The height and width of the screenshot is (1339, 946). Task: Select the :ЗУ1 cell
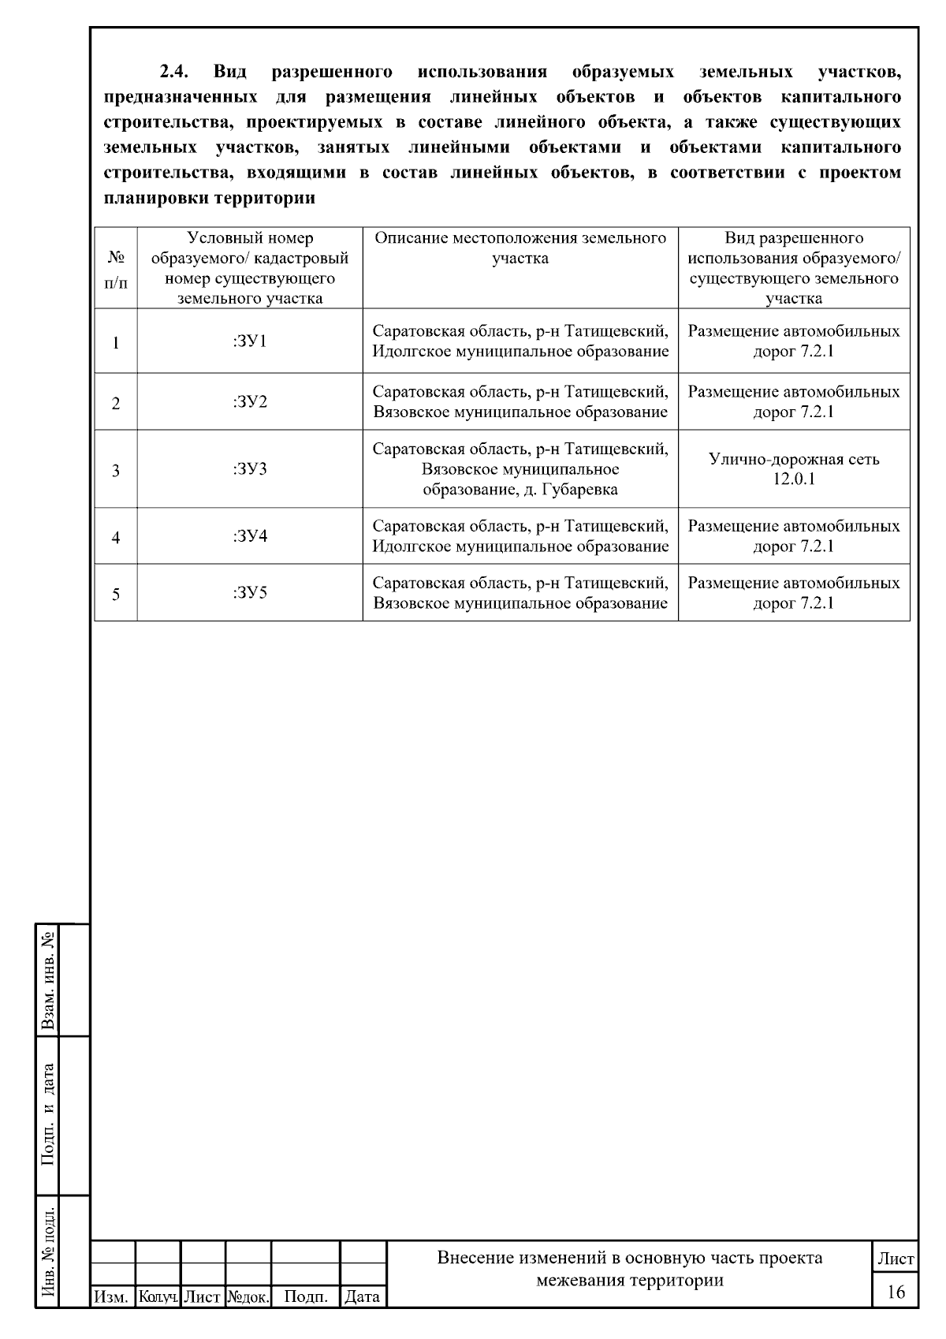[x=250, y=341]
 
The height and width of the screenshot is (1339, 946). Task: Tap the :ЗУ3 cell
[x=250, y=469]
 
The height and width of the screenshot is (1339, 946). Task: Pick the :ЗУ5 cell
[x=250, y=593]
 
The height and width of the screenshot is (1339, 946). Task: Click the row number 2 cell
[x=116, y=403]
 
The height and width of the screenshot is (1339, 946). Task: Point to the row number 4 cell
[x=116, y=537]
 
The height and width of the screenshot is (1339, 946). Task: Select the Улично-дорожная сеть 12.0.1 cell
[x=793, y=469]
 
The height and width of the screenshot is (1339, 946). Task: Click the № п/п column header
[x=116, y=268]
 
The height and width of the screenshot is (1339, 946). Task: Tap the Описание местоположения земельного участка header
[x=520, y=248]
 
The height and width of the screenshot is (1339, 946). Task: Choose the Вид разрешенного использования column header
[x=793, y=268]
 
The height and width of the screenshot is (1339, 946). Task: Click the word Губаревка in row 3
[x=580, y=490]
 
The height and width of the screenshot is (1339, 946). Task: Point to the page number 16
[x=896, y=1292]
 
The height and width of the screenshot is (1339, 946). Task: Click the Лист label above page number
[x=896, y=1259]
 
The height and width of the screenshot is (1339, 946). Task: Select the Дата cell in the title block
[x=363, y=1296]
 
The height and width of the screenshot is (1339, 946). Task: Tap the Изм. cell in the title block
[x=111, y=1296]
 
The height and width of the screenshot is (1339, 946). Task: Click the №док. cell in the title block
[x=248, y=1296]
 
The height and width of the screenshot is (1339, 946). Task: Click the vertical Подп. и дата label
[x=49, y=1113]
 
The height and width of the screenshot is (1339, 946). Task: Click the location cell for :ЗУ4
[x=520, y=536]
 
